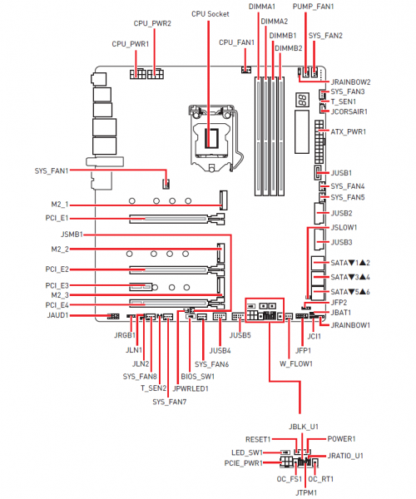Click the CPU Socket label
point(210,14)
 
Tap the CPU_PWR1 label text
point(130,44)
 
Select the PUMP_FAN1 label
point(313,7)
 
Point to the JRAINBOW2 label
point(350,82)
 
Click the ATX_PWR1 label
point(349,131)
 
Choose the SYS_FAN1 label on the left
point(52,170)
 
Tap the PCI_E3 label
point(57,285)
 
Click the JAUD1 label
point(58,315)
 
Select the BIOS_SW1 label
point(198,377)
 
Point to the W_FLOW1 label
point(296,363)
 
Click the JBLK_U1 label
point(304,427)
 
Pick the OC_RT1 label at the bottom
point(321,479)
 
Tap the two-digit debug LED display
point(303,100)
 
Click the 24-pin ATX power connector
point(319,141)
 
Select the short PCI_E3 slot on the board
point(141,287)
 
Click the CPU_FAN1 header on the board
point(246,69)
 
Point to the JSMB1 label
point(72,235)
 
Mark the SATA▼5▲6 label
point(350,292)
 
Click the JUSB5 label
point(240,335)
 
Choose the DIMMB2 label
point(289,48)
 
